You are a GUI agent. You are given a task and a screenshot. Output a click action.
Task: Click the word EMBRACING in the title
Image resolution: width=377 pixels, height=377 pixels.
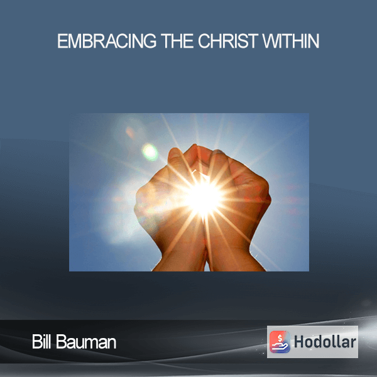pyautogui.click(x=107, y=41)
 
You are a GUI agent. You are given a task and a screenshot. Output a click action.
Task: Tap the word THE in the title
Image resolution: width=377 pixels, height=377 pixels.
pyautogui.click(x=177, y=41)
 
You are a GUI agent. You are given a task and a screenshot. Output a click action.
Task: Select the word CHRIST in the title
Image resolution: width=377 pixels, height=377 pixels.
pyautogui.click(x=228, y=41)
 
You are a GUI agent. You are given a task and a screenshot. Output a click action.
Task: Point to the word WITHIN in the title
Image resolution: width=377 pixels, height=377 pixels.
pyautogui.click(x=291, y=41)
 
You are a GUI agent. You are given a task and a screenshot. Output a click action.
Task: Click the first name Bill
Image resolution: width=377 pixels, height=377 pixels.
pyautogui.click(x=41, y=342)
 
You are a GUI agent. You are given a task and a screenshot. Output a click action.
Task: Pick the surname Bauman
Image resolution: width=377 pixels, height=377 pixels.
pyautogui.click(x=86, y=342)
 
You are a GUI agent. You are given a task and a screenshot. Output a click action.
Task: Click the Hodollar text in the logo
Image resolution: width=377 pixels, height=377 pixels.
pyautogui.click(x=325, y=342)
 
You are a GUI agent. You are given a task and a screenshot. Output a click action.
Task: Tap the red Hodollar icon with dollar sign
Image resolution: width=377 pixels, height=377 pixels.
pyautogui.click(x=280, y=342)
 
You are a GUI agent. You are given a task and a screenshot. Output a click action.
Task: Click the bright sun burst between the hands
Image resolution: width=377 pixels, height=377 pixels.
pyautogui.click(x=204, y=198)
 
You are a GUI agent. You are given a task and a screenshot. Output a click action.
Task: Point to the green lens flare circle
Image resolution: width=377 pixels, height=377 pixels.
pyautogui.click(x=150, y=152)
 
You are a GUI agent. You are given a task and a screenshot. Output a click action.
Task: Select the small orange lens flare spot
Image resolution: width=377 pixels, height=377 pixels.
pyautogui.click(x=130, y=133)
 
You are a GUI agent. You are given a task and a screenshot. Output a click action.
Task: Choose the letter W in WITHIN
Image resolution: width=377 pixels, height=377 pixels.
pyautogui.click(x=270, y=41)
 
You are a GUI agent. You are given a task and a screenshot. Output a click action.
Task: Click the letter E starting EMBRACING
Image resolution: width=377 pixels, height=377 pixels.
pyautogui.click(x=62, y=41)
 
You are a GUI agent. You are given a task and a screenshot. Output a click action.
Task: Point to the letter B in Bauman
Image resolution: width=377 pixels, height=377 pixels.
pyautogui.click(x=61, y=342)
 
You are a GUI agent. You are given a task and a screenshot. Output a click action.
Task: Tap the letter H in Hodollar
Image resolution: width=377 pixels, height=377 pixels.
pyautogui.click(x=300, y=342)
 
